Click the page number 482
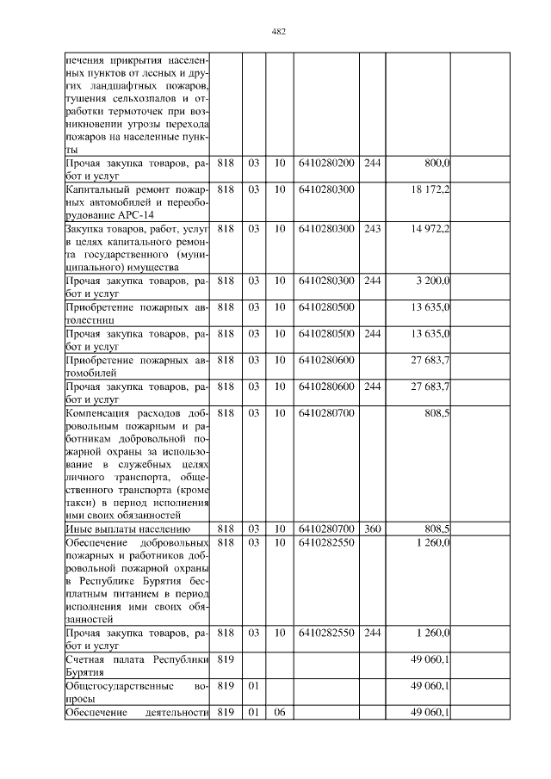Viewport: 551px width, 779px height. pos(278,32)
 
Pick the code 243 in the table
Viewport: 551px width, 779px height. pos(372,228)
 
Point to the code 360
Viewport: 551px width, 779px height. pos(372,528)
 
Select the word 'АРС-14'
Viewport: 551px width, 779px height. pos(129,215)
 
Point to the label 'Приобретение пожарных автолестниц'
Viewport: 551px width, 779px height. pos(138,313)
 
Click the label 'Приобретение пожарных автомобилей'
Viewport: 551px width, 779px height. pos(138,366)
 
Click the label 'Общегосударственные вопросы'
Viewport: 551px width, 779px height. pos(138,693)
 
